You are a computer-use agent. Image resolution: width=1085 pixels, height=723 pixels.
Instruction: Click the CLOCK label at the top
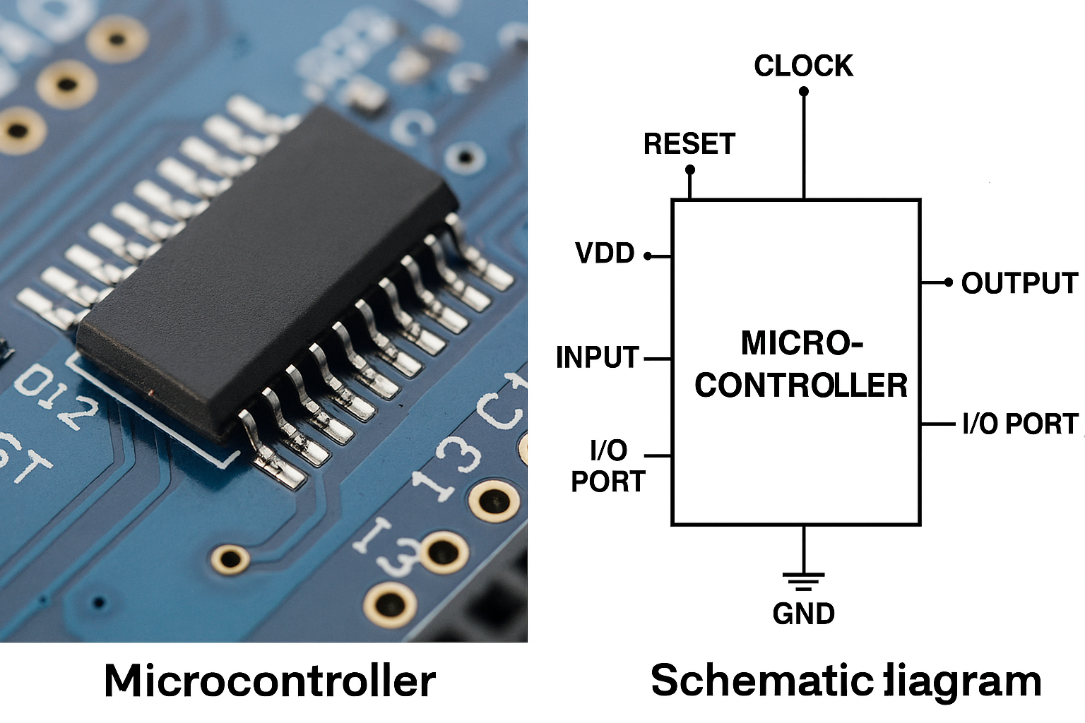803,66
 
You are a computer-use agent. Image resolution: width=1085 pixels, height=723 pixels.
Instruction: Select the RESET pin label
689,144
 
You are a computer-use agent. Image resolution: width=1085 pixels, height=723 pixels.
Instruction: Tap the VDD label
605,253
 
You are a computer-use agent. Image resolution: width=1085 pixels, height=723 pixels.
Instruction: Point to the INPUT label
598,357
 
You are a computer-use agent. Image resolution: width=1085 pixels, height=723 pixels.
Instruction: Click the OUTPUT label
1019,283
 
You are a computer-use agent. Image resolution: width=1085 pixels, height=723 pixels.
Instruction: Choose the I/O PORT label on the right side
1020,424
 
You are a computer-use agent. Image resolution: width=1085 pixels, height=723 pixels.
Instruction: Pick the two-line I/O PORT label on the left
608,466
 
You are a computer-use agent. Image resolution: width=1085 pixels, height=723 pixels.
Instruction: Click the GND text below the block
804,614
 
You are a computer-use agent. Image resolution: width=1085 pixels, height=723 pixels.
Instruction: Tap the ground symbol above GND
804,580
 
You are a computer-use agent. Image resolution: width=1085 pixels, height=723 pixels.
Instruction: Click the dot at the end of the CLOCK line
804,91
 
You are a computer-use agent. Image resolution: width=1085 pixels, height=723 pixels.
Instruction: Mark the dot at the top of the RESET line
690,169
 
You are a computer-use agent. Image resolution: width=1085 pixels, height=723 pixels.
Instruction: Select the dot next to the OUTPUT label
949,282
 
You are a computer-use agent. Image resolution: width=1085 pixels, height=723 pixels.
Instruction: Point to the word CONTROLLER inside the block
801,386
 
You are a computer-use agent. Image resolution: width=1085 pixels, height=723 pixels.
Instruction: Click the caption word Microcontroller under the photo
270,681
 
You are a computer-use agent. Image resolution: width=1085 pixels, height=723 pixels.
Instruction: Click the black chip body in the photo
268,268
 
